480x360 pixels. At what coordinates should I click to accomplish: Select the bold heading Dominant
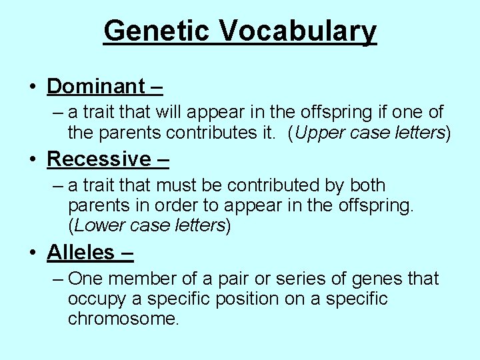96,86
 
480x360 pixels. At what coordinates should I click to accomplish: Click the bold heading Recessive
99,159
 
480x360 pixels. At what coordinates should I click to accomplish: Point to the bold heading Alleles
81,252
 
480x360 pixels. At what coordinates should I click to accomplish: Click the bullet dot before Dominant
33,87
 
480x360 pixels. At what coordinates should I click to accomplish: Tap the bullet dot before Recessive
33,160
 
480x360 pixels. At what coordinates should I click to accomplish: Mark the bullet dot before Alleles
33,253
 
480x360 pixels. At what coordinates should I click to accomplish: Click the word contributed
289,185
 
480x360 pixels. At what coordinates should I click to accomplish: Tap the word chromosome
123,319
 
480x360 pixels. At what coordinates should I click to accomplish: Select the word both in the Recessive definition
367,185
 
